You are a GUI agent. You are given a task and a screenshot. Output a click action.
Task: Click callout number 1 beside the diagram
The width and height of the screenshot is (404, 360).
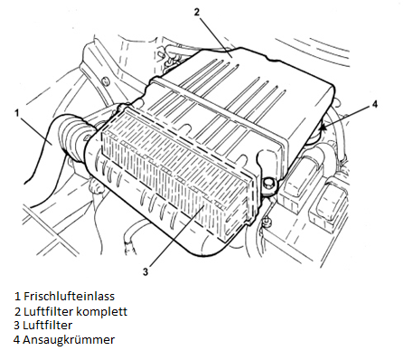pos(17,113)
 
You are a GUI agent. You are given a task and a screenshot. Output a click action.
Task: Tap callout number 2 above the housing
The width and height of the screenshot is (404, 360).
pos(196,13)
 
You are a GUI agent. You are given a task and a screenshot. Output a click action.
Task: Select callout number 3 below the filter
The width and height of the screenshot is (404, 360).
pos(146,272)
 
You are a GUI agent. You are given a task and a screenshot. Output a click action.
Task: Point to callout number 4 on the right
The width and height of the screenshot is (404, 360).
pos(374,104)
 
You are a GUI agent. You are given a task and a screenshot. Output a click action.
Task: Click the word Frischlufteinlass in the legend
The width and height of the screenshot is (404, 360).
pos(69,296)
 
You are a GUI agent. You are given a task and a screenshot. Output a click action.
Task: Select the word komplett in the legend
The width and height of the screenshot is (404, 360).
pos(101,311)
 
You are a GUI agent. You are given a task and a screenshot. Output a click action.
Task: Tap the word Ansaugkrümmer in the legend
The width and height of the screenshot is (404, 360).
pos(69,340)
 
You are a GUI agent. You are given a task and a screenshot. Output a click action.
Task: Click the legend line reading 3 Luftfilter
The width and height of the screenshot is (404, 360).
pos(42,326)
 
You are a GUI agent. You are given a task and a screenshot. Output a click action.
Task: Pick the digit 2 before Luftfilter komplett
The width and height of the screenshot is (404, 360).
pos(17,311)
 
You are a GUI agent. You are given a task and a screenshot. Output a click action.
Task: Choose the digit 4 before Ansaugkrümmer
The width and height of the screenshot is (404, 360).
pos(17,340)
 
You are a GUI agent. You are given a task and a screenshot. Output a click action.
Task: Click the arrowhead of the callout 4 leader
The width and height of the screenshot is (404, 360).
pos(323,128)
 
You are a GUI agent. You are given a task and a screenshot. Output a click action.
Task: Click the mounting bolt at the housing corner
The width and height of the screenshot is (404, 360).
pos(268,184)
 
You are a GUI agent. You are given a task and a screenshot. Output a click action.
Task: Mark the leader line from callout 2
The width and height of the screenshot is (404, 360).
pos(215,36)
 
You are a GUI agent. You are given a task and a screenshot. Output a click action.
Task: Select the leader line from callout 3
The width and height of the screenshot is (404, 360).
pos(175,236)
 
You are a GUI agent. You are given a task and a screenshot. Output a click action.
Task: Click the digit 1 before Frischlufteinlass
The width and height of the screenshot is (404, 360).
pos(18,296)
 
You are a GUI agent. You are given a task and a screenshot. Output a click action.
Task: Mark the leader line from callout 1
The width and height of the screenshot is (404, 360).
pos(35,131)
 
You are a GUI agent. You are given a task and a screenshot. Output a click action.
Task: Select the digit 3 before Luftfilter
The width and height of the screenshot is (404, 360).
pos(17,326)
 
